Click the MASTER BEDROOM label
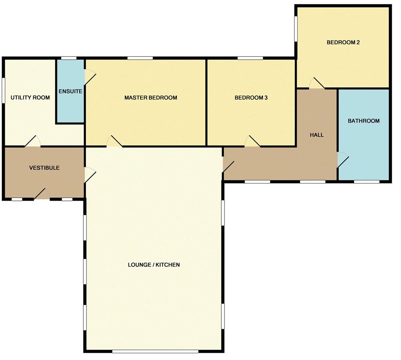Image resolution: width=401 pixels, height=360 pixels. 150,98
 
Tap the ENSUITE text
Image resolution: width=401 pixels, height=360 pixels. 70,91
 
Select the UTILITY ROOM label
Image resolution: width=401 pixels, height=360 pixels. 30,98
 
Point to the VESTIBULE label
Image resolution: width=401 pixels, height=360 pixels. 44,168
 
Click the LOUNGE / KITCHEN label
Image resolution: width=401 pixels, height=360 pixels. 154,265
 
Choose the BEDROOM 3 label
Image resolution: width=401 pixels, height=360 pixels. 251,98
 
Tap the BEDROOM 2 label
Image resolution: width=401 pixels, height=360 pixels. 343,42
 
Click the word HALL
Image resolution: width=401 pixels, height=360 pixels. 317,135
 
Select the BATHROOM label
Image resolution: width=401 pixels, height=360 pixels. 363,121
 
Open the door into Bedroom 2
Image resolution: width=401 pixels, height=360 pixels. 317,84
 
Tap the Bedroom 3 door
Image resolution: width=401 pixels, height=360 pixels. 252,142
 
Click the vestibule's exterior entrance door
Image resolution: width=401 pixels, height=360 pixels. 42,194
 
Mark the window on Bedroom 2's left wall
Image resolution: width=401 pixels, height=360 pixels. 296,28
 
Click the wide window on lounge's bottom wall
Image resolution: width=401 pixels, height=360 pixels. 155,352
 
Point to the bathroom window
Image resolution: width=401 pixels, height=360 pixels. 366,182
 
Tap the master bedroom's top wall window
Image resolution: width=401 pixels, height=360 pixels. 140,58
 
